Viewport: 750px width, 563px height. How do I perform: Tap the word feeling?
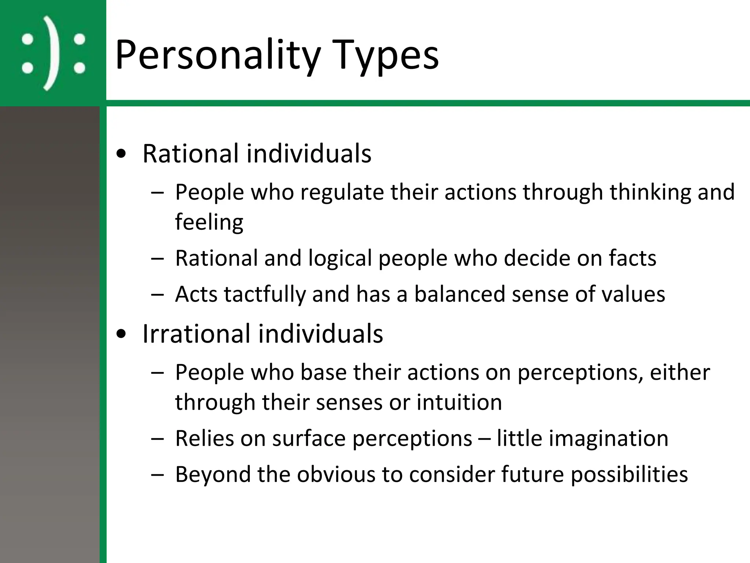[x=209, y=222]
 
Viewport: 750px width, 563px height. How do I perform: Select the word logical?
[x=340, y=258]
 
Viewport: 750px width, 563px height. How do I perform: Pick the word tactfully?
[x=265, y=294]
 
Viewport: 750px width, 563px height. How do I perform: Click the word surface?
[x=309, y=438]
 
